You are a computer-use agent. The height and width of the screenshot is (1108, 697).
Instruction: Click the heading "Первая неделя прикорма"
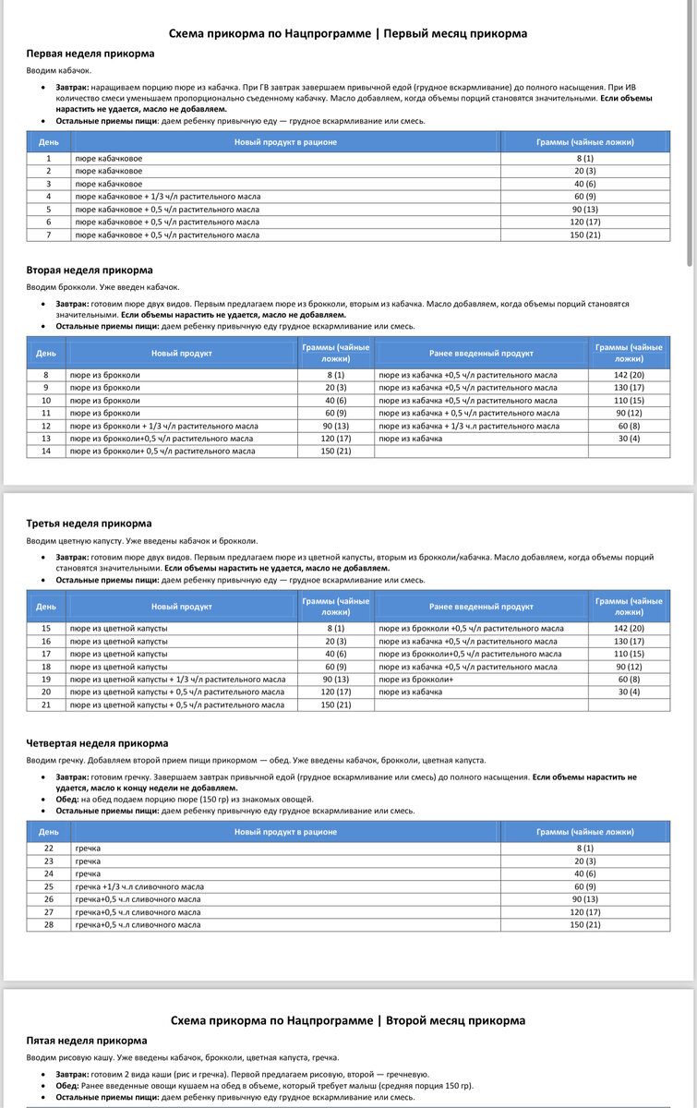click(x=90, y=54)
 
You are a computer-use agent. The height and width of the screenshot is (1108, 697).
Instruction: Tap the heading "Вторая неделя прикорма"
click(x=90, y=271)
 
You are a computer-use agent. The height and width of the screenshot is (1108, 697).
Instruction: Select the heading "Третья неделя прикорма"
click(x=89, y=524)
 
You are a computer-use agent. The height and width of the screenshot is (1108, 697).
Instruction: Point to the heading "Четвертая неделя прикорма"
click(x=97, y=743)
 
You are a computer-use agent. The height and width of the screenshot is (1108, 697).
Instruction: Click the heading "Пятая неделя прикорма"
click(x=86, y=1041)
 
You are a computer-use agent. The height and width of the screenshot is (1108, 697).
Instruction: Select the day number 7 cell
click(x=49, y=235)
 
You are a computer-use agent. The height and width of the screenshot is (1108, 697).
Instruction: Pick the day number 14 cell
click(x=44, y=452)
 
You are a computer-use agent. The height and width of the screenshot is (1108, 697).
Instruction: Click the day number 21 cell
click(x=44, y=705)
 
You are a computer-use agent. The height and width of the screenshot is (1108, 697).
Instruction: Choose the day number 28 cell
click(x=49, y=924)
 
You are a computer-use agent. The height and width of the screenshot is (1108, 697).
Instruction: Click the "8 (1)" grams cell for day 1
click(x=584, y=159)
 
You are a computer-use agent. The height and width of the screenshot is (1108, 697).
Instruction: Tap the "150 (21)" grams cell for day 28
click(x=584, y=924)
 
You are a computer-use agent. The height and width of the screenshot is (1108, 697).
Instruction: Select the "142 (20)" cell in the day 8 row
click(x=629, y=375)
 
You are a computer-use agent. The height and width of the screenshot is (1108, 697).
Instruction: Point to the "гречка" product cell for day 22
click(x=89, y=848)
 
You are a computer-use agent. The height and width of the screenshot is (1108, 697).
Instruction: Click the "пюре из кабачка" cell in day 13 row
click(x=408, y=439)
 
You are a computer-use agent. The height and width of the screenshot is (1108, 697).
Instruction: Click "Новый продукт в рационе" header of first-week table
click(x=285, y=142)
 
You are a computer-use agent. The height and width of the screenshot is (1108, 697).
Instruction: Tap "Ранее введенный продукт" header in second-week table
click(x=481, y=354)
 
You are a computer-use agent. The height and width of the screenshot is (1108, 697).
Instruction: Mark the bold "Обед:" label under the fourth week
click(x=69, y=800)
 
